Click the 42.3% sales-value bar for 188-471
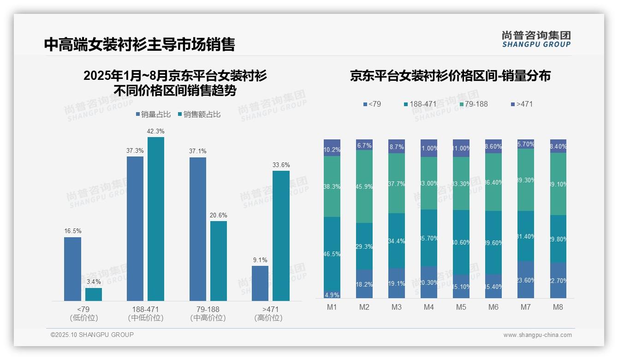[156, 219]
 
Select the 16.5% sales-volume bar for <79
[72, 269]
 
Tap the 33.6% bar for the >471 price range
[281, 236]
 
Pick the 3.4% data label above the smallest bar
[94, 282]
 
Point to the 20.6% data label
[219, 215]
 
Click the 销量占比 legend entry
[153, 114]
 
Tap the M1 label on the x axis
[332, 307]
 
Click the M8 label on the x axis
[558, 307]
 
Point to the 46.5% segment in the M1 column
[332, 254]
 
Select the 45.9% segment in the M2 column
[364, 186]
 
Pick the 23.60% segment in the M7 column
[526, 280]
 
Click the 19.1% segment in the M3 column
[397, 283]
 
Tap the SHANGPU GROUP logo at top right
[536, 39]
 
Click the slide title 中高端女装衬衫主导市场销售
[139, 44]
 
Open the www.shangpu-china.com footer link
[537, 335]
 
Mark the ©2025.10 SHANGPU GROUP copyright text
[92, 335]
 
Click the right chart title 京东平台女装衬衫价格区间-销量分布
[450, 76]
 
